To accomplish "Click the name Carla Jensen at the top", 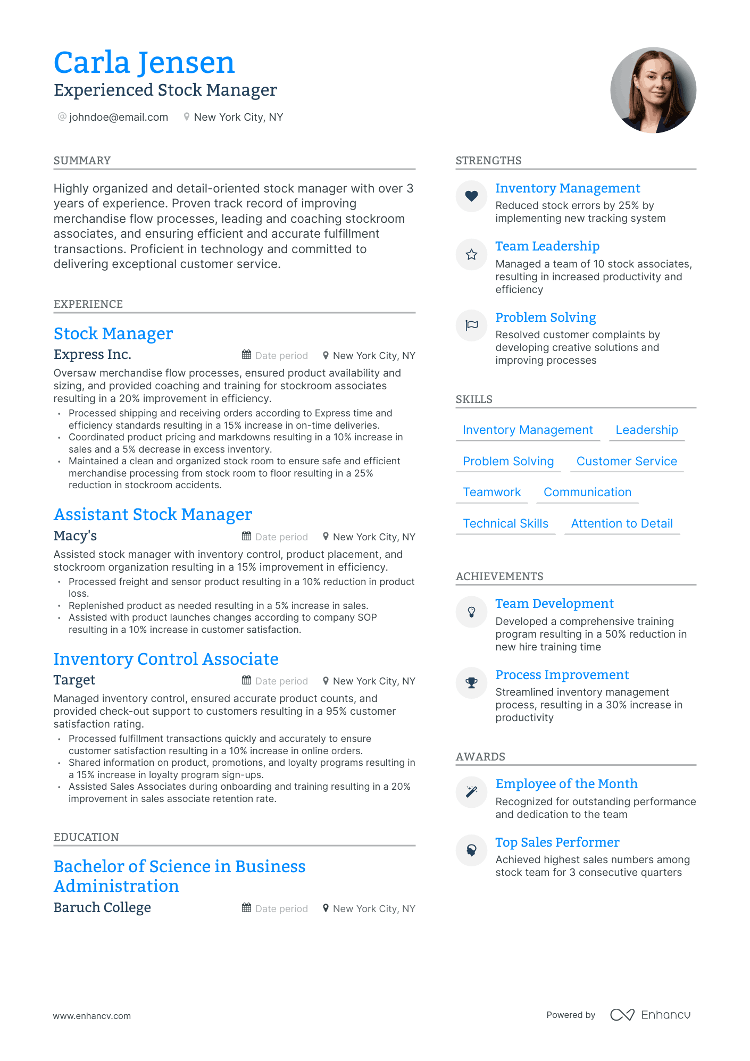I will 144,63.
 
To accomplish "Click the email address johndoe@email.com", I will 118,117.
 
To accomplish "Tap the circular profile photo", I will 653,90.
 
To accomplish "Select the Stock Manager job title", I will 113,333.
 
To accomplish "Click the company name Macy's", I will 75,536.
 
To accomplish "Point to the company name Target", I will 74,680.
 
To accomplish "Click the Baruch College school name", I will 102,907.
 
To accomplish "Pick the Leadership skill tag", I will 646,430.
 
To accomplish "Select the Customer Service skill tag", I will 627,461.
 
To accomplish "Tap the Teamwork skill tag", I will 492,492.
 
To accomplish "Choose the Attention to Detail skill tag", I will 622,523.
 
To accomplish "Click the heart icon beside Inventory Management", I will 471,196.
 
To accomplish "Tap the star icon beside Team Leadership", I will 471,255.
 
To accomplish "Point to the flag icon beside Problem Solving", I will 471,325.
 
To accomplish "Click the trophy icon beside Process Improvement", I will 471,683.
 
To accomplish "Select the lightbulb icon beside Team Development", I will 471,612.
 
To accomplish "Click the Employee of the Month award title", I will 566,784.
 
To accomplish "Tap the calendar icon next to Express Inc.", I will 246,355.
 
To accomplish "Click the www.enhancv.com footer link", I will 91,1016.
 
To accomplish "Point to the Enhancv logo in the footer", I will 650,1015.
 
